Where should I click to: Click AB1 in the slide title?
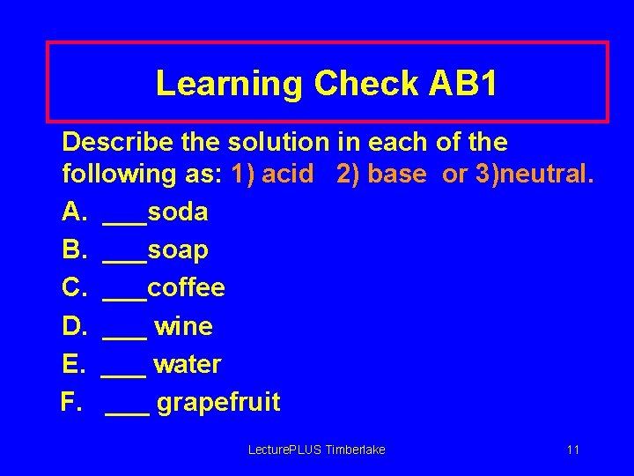(x=463, y=84)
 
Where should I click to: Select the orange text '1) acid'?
(x=272, y=174)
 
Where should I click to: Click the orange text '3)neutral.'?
(x=534, y=174)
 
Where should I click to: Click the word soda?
(x=178, y=212)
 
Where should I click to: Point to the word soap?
(x=178, y=250)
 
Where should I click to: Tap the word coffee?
(x=186, y=288)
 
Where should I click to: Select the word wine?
(x=183, y=327)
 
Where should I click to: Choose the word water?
(x=187, y=365)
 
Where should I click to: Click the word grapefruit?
(x=218, y=403)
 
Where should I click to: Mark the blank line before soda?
(x=124, y=220)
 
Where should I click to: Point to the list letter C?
(x=71, y=288)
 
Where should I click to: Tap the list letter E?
(x=70, y=365)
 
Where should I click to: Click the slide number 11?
(x=573, y=450)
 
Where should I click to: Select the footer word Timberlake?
(x=356, y=450)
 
